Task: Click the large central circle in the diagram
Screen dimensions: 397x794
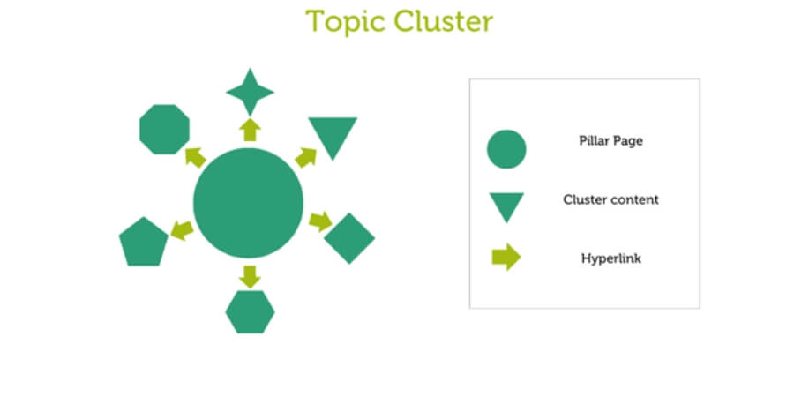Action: click(248, 203)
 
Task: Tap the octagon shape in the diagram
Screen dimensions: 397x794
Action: click(165, 130)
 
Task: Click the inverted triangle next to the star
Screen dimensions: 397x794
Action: click(332, 134)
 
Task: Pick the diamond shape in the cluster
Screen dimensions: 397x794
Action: click(349, 237)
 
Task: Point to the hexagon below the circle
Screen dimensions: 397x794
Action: click(250, 311)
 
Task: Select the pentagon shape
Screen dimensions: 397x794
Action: click(144, 242)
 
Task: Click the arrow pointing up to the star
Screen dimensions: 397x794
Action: click(250, 130)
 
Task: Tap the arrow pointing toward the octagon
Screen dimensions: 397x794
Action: click(195, 158)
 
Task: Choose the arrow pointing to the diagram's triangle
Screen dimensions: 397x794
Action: click(305, 158)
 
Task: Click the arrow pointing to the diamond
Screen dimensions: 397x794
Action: click(320, 221)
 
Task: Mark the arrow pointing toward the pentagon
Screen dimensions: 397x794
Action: click(182, 230)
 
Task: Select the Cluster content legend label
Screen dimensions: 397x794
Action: click(610, 199)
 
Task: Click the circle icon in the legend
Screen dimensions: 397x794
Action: click(506, 148)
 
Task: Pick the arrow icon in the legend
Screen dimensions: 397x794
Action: click(506, 258)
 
